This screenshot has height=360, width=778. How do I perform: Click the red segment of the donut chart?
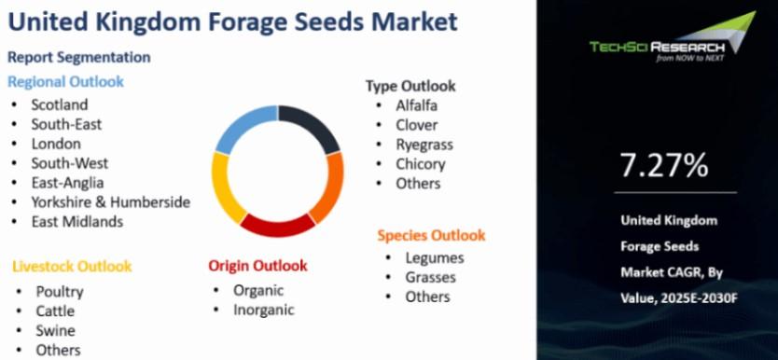[x=277, y=226]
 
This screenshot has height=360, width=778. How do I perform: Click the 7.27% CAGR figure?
[x=664, y=166]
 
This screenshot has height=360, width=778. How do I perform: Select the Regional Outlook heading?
[x=65, y=81]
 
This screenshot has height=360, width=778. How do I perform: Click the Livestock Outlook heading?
[x=72, y=267]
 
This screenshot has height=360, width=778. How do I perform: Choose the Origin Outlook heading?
[x=257, y=266]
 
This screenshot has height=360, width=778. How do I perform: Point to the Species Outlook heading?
[x=431, y=235]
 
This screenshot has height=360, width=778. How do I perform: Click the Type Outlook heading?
[x=410, y=86]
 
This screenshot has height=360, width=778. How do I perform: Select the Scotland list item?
[x=60, y=104]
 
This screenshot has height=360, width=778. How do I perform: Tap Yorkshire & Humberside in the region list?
[x=111, y=202]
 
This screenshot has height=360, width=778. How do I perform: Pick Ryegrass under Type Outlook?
[x=424, y=145]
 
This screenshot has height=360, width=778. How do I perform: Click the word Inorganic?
[x=264, y=310]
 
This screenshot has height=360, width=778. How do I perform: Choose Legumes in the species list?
[x=435, y=257]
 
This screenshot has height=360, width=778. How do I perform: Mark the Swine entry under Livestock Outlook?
[x=56, y=331]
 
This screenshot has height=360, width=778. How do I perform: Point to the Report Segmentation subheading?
[x=79, y=57]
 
